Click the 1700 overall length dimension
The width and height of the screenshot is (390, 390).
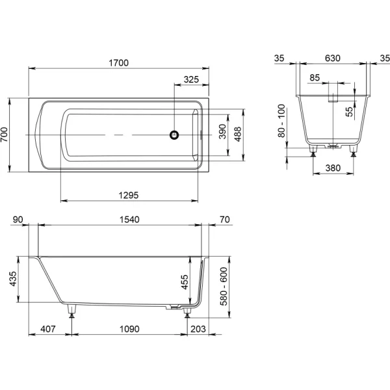pyautogui.click(x=119, y=63)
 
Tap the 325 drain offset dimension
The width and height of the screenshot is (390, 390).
pyautogui.click(x=191, y=79)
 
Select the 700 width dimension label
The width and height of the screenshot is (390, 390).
pyautogui.click(x=5, y=135)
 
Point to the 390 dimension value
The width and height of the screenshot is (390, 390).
pyautogui.click(x=222, y=131)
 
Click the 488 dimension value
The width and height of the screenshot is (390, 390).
pyautogui.click(x=238, y=134)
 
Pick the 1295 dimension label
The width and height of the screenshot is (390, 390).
pyautogui.click(x=128, y=195)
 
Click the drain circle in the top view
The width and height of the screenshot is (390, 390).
pyautogui.click(x=174, y=135)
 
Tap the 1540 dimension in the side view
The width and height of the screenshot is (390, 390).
pyautogui.click(x=129, y=220)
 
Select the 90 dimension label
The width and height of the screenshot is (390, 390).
pyautogui.click(x=18, y=220)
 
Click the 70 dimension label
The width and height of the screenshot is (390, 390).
pyautogui.click(x=225, y=220)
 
